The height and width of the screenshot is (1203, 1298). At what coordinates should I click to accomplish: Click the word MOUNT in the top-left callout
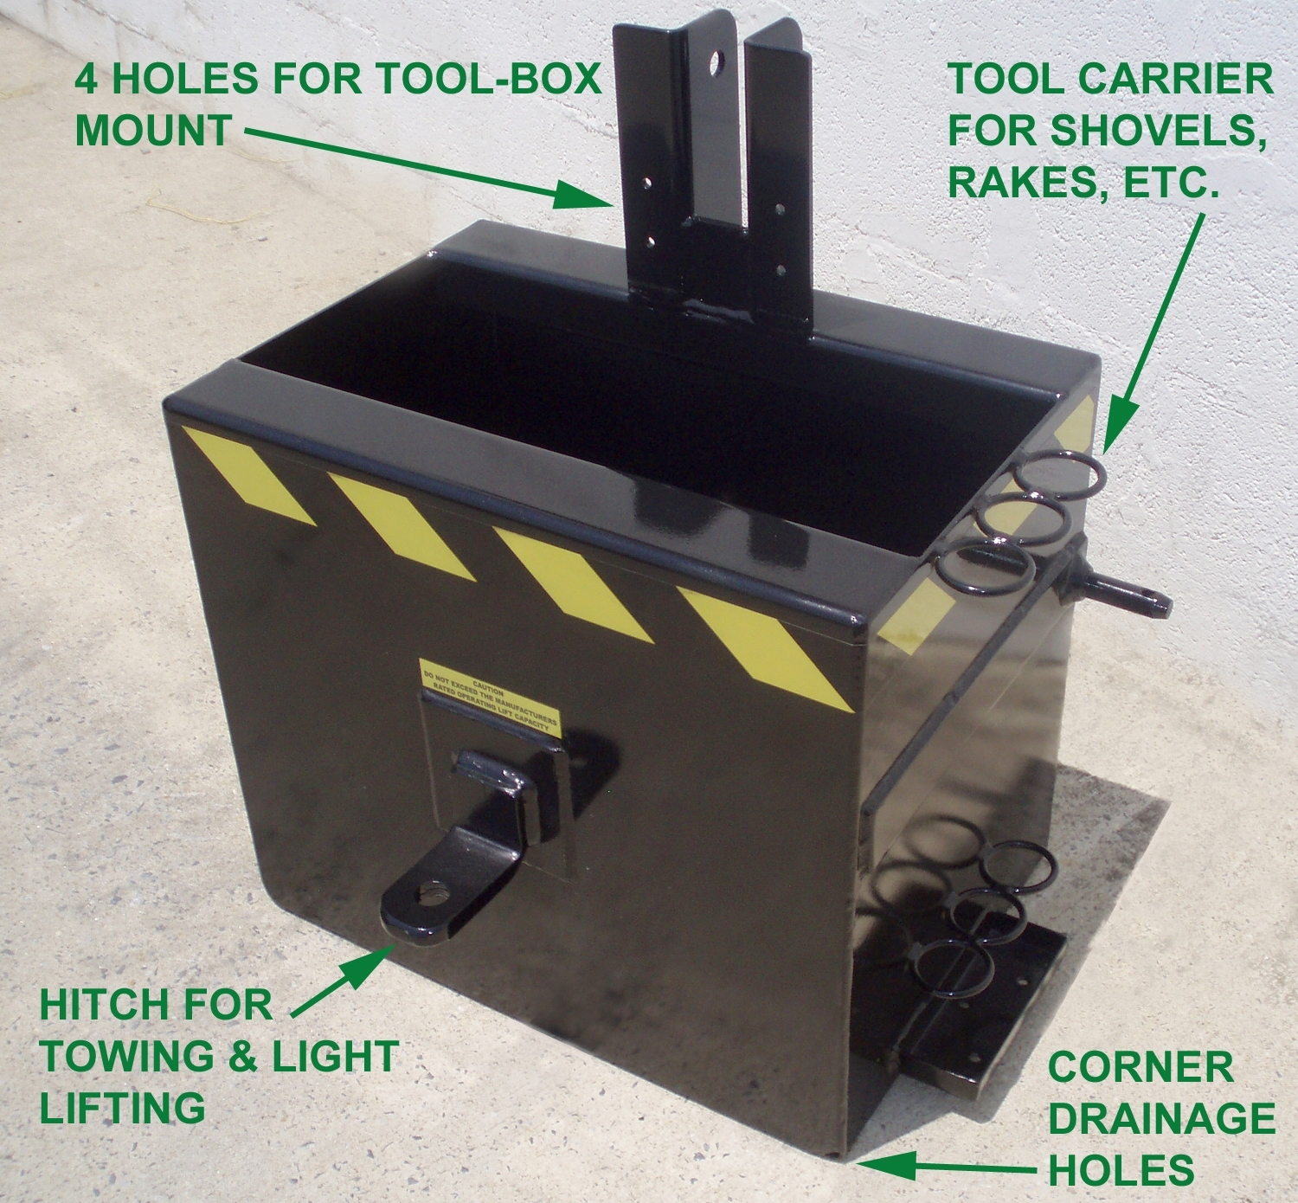click(x=153, y=131)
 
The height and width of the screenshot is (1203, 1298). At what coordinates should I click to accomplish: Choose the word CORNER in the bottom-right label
click(x=1140, y=1067)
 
